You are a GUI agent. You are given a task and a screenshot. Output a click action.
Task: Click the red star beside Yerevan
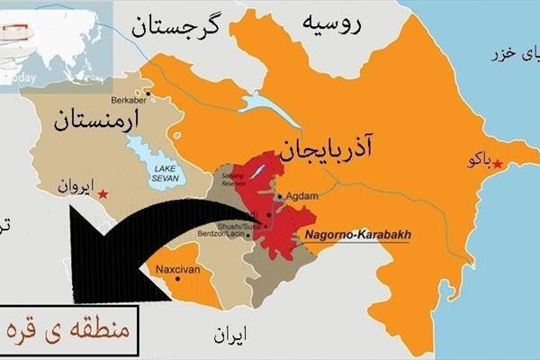click(104, 193)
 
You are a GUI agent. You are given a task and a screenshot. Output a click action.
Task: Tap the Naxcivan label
click(174, 269)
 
